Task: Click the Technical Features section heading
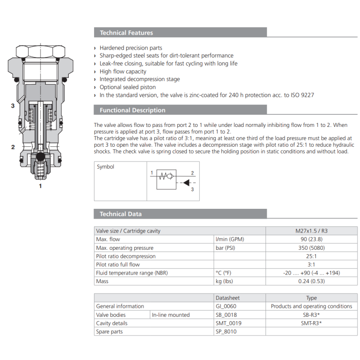click(126, 33)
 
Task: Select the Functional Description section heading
click(132, 110)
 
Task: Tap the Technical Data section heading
click(121, 214)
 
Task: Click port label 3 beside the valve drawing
click(13, 106)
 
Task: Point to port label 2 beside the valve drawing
click(13, 147)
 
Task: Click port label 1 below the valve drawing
click(40, 185)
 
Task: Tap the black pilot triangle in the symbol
click(186, 183)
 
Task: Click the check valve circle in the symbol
click(170, 176)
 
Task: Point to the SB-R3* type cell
click(311, 315)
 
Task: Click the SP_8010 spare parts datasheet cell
click(226, 332)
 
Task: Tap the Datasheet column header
click(228, 298)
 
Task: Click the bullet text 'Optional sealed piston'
click(128, 87)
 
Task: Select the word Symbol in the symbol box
click(106, 167)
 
